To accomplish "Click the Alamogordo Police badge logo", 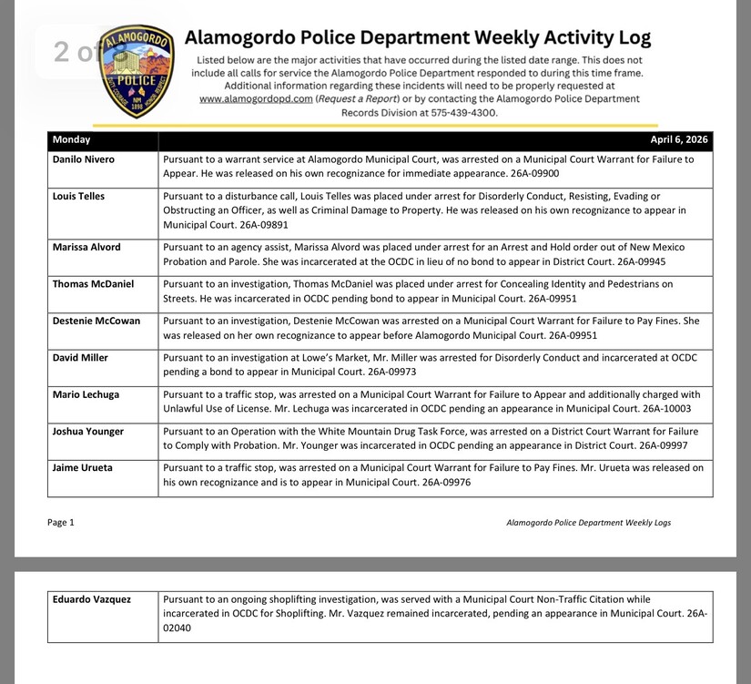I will click(136, 71).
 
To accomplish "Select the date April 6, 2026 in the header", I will click(678, 140).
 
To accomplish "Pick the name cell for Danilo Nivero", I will click(85, 159).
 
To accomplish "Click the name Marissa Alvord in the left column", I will click(86, 247).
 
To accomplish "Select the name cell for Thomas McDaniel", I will click(93, 284).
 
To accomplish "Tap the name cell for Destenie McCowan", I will click(97, 321).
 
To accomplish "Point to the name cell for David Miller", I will click(80, 358).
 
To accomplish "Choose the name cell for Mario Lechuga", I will click(86, 394).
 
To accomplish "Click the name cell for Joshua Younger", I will click(88, 431).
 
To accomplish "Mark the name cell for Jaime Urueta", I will click(82, 468).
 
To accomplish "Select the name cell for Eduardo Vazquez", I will click(91, 599).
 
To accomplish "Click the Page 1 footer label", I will click(61, 523).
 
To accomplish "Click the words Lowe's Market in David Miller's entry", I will click(310, 358).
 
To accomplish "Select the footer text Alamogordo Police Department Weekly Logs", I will click(588, 523).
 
